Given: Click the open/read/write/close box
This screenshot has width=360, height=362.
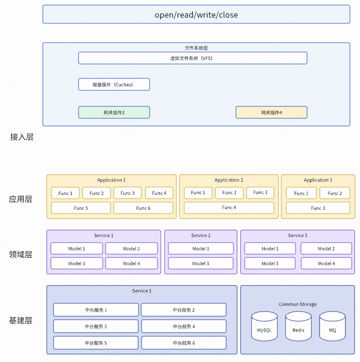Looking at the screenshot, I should coord(196,14).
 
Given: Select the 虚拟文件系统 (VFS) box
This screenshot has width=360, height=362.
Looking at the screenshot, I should coord(192,58).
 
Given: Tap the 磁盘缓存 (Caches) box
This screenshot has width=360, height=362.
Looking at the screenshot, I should coord(113,84).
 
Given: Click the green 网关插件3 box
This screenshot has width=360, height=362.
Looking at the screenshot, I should coord(113,112).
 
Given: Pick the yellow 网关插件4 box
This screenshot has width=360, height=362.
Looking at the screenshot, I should coord(271,112).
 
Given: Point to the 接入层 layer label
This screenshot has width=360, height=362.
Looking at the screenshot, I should coord(21,137).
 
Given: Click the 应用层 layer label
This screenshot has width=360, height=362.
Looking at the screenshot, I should coord(20,199).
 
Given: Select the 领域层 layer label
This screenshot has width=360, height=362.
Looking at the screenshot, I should coord(20,254).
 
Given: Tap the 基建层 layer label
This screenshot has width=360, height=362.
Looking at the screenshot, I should coord(20,321).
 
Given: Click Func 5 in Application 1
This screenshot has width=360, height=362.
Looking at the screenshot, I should coord(80,208).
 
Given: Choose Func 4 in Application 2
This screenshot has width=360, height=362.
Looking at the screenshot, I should coord(229,207).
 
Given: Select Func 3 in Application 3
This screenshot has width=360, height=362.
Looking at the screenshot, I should coord(317,208).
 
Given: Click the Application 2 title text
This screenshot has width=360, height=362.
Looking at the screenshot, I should coord(228,180).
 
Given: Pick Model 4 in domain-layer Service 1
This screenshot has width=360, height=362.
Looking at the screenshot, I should coord(131,263).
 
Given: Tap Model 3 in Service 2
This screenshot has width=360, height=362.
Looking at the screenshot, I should coord(200,263).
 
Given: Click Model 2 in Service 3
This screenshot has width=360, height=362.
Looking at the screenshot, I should coord(326,249).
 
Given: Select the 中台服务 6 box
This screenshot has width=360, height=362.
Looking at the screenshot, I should coord(183,343).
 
